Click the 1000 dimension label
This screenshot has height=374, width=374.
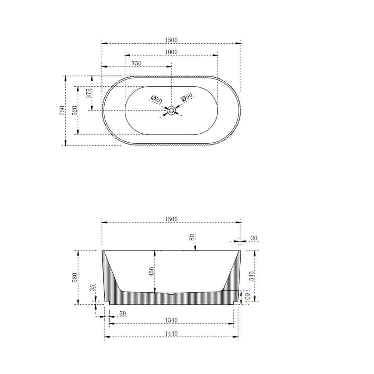171,52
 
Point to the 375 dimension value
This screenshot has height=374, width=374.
89,93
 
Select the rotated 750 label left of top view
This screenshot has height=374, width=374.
62,110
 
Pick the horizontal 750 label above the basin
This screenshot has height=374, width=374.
136,63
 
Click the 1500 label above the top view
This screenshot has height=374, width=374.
171,40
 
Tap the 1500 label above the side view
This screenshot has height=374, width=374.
171,219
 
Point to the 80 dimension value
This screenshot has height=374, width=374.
192,238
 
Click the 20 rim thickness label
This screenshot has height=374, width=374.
254,238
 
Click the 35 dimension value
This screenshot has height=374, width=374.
92,288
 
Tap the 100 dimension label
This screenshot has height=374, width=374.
247,297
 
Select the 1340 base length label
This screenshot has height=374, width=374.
171,320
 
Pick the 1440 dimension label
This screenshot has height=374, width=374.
171,333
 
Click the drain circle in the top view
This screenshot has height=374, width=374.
171,111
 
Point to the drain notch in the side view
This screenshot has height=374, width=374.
171,294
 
